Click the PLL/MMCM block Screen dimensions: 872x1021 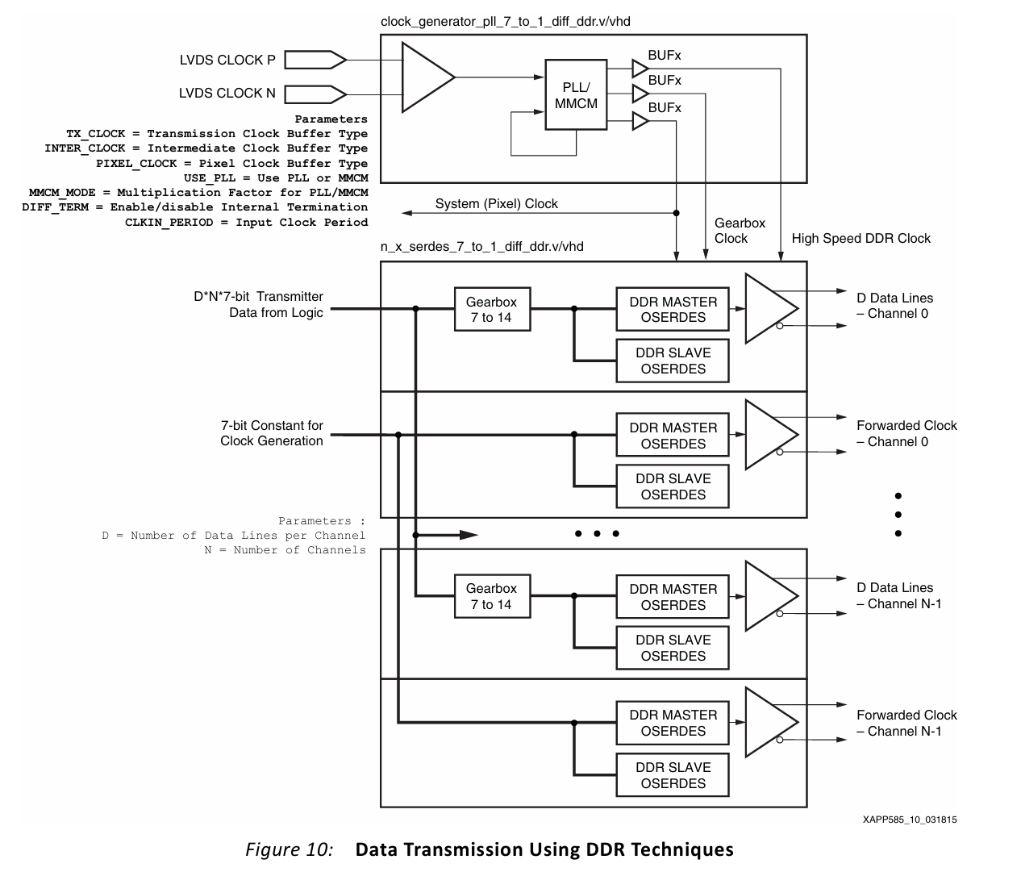[576, 94]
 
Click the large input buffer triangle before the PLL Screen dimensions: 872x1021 [426, 77]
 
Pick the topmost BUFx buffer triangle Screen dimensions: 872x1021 [640, 69]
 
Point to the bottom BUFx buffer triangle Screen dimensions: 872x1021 [640, 121]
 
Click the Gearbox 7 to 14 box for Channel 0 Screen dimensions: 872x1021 [491, 310]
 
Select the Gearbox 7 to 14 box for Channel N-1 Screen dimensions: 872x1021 [491, 596]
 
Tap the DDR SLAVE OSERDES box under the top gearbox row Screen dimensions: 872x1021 [673, 361]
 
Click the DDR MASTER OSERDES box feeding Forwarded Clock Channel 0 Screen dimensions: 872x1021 [673, 436]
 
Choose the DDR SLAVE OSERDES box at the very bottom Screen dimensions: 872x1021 [673, 775]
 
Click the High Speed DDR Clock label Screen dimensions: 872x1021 [861, 239]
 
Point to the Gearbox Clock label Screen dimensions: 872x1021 [740, 231]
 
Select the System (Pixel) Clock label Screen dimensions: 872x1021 [496, 204]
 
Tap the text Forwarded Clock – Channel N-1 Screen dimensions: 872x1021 [906, 723]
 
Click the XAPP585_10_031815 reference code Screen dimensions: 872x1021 [909, 820]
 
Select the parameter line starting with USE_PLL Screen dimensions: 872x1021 [275, 178]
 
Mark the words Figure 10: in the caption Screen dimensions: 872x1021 [289, 849]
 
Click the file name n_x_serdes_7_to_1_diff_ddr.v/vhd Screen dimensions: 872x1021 [481, 246]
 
